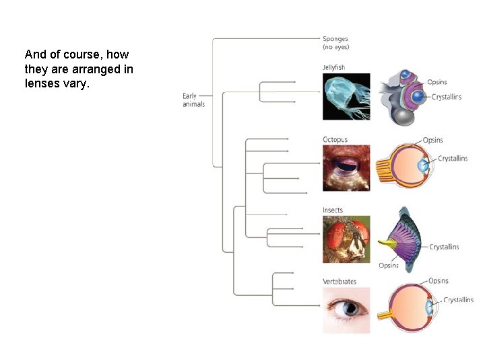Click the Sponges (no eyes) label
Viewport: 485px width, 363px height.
pos(335,43)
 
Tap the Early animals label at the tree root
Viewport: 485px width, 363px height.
pos(193,100)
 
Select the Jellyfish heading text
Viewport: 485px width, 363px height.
pos(335,67)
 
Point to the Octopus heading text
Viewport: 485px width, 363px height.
pos(335,140)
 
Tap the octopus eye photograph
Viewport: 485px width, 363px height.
pos(346,168)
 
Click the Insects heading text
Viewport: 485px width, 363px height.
pos(333,210)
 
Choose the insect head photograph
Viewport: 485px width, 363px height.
pos(346,239)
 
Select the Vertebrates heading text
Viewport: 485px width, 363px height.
pos(339,282)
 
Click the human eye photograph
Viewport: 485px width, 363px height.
pos(346,310)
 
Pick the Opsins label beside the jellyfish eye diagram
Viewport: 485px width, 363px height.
pos(437,82)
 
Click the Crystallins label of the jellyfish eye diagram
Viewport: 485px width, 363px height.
pos(446,97)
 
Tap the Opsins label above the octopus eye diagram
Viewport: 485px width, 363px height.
pos(432,140)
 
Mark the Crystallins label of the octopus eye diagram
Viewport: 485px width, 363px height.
pos(453,159)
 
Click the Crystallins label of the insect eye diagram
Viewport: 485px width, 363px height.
pos(444,247)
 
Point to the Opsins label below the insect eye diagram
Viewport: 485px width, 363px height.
pos(389,266)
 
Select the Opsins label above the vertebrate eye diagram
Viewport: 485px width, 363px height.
pos(438,281)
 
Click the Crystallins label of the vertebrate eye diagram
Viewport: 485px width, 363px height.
pos(458,300)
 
